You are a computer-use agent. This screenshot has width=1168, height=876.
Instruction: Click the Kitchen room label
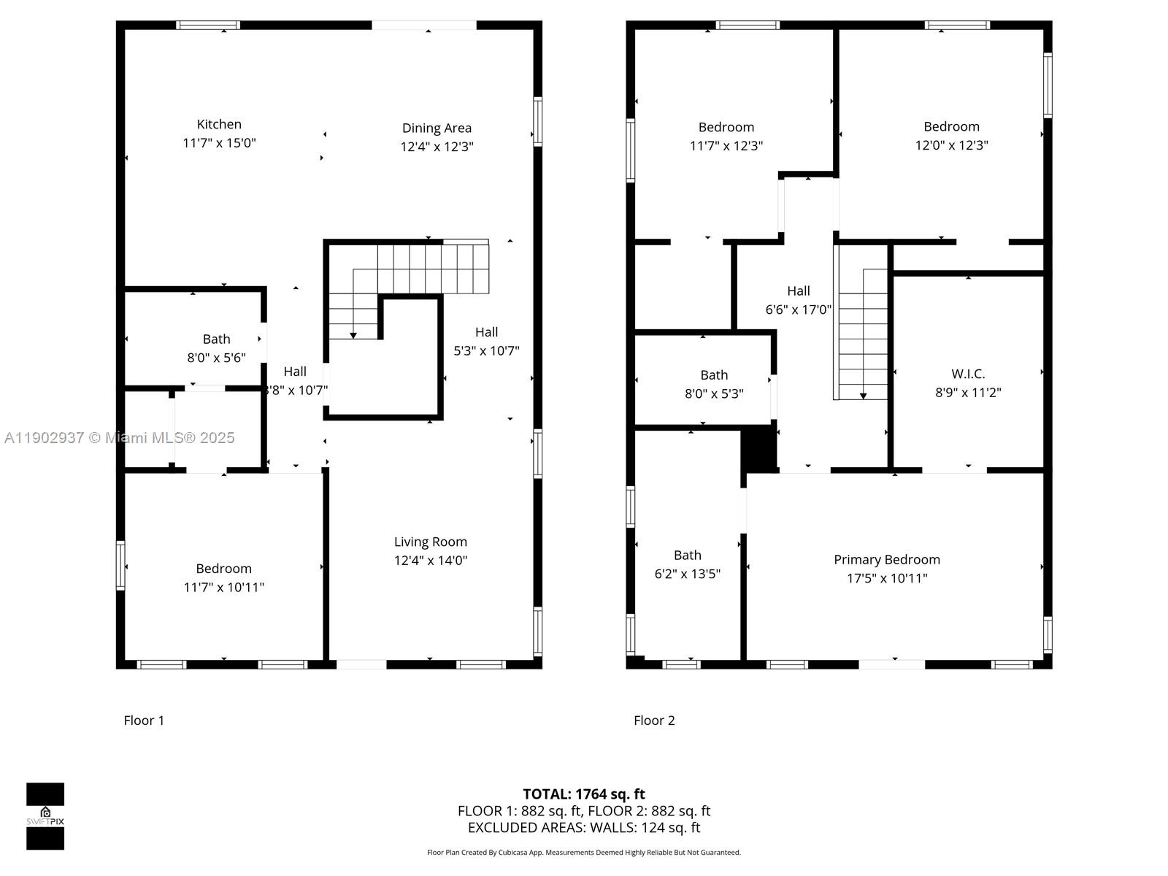219,125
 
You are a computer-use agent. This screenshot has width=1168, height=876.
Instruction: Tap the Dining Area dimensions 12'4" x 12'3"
437,147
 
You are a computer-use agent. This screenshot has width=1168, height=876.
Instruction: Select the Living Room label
430,542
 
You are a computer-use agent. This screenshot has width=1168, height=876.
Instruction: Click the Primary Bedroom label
886,560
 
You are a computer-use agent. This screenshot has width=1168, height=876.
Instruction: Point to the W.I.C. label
968,374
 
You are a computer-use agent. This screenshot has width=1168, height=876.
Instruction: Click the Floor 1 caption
144,721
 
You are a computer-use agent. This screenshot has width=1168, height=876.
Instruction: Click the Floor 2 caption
654,721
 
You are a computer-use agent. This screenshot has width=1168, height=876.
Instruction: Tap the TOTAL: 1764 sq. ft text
583,794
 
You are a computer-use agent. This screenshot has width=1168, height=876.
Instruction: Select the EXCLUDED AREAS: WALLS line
583,828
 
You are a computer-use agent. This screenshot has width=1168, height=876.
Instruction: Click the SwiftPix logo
45,816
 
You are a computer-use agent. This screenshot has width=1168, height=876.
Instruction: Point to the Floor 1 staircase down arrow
353,334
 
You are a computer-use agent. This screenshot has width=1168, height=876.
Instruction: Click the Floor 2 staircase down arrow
863,395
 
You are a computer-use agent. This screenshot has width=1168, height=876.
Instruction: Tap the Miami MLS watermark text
119,438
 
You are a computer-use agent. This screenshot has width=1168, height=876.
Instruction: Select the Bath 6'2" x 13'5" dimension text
687,574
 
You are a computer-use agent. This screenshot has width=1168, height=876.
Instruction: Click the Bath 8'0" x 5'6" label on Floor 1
216,339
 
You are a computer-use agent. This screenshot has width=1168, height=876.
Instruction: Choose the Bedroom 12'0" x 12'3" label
951,127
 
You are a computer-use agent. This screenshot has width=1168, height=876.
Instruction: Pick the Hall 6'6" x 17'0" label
798,291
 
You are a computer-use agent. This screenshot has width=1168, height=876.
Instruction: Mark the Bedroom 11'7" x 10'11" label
223,569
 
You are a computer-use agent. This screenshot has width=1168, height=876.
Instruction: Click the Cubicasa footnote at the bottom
583,853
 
